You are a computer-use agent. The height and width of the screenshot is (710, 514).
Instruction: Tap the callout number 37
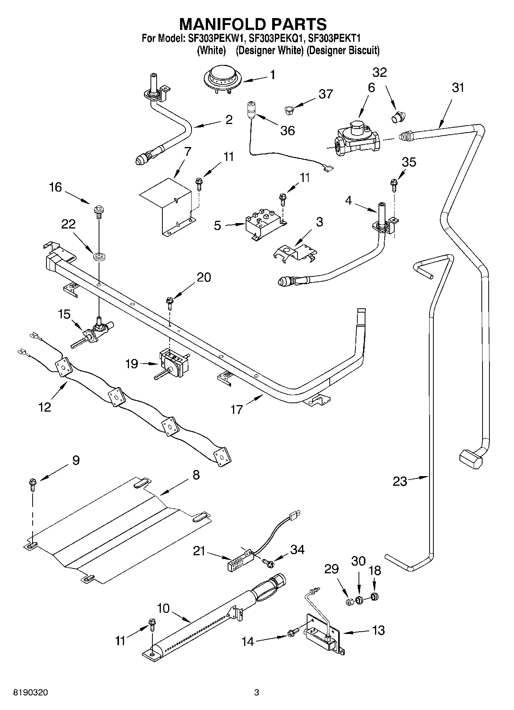[x=326, y=94]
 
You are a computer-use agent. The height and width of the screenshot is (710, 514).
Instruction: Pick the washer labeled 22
[x=99, y=255]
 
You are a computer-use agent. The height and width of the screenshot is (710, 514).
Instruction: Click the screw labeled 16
[x=98, y=211]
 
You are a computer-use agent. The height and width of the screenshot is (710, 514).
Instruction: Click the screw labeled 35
[x=394, y=185]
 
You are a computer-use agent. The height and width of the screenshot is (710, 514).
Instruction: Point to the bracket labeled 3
[x=296, y=254]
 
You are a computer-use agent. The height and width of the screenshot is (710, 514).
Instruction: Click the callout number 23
[x=400, y=481]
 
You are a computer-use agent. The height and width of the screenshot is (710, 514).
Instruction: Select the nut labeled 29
[x=349, y=601]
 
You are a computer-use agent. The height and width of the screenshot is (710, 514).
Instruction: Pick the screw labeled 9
[x=32, y=484]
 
